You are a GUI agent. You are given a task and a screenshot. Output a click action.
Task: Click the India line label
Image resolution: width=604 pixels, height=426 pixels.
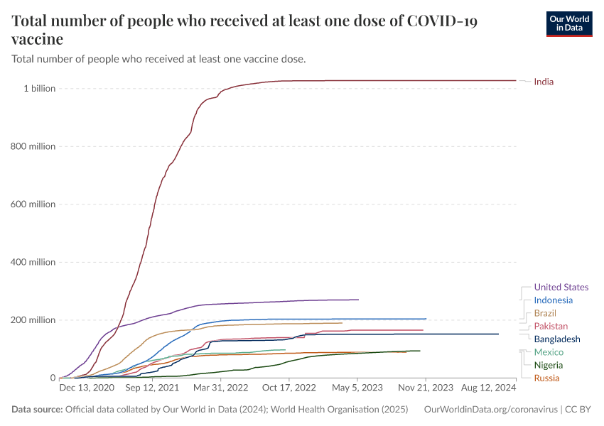[x=544, y=82]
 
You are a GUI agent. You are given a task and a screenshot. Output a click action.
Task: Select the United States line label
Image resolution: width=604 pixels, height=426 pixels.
[x=561, y=288]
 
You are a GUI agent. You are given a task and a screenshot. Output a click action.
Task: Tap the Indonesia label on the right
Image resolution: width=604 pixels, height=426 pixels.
[x=553, y=300]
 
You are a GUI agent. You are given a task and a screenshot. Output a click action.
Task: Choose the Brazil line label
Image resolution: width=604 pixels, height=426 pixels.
[x=545, y=313]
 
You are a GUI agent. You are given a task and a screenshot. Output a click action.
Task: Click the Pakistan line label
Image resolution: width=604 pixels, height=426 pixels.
[x=551, y=326]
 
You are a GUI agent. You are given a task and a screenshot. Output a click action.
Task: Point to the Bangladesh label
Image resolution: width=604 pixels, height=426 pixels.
[x=557, y=339]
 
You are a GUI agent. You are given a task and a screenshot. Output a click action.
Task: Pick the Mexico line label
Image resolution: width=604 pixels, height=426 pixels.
[x=549, y=352]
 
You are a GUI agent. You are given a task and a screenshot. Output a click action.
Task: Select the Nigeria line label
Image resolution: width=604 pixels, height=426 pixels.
[x=548, y=365]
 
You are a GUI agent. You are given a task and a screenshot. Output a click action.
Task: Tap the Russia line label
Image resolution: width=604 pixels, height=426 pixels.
[x=546, y=378]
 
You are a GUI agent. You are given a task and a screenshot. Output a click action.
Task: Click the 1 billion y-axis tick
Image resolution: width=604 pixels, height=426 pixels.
[x=40, y=89]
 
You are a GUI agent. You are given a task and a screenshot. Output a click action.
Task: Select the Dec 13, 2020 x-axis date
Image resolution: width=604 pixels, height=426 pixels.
[x=86, y=388]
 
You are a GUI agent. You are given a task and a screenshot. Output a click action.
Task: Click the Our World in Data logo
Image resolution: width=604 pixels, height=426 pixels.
[x=568, y=23]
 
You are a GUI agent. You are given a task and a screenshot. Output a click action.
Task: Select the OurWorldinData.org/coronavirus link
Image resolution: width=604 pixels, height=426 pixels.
[x=490, y=410]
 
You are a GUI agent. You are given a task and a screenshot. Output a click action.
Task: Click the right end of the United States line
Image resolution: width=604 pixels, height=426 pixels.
[x=358, y=300]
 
